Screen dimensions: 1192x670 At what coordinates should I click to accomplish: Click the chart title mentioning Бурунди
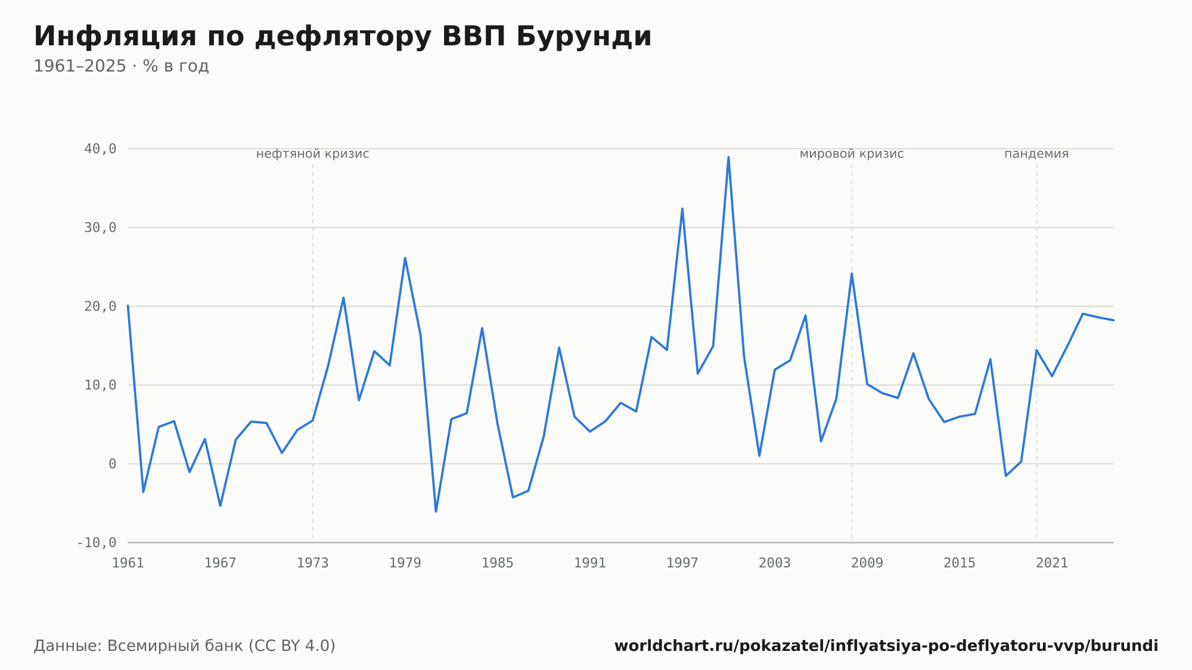[343, 36]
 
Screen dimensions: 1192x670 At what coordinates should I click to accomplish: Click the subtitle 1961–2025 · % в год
[121, 66]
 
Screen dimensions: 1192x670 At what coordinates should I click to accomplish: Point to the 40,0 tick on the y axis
[100, 149]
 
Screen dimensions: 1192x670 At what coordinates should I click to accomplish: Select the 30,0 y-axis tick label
[100, 228]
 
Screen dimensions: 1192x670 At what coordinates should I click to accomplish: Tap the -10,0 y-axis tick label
[97, 543]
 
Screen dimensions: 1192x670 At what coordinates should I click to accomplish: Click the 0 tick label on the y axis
[113, 464]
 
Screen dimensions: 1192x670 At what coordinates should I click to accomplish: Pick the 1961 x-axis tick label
[128, 563]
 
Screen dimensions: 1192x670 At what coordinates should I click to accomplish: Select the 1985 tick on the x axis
[498, 563]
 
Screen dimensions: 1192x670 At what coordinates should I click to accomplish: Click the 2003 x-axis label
[775, 563]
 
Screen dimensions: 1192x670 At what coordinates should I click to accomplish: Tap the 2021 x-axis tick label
[1052, 563]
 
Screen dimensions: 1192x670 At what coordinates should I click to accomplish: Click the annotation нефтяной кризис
[313, 154]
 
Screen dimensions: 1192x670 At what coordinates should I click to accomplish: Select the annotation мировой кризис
[852, 154]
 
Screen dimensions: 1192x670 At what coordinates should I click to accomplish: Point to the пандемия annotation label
[1036, 154]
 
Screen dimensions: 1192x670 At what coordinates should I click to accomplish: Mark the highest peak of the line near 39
[728, 157]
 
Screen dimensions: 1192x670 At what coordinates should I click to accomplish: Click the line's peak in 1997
[682, 209]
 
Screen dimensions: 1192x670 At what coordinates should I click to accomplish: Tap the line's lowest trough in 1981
[436, 511]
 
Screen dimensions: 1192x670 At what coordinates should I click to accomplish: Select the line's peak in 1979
[405, 258]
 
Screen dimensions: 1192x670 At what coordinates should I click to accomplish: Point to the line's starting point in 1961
[128, 306]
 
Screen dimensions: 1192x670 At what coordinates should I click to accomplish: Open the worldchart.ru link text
[886, 646]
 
